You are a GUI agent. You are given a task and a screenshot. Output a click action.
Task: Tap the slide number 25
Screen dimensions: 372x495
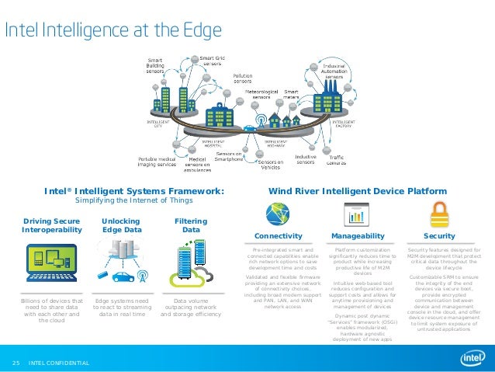click(x=15, y=363)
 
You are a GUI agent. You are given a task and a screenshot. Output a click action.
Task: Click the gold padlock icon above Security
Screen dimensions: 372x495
click(x=439, y=212)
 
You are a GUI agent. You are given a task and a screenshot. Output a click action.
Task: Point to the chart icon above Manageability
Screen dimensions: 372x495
click(x=358, y=212)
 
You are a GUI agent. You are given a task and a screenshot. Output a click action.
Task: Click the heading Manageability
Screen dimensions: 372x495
click(x=358, y=235)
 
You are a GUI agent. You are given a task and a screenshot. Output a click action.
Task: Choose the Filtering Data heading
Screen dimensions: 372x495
click(x=190, y=225)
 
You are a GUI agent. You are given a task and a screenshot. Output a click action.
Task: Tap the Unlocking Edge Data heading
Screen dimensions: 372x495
click(x=121, y=225)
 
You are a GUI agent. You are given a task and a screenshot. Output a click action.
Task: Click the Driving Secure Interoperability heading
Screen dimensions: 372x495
click(x=52, y=225)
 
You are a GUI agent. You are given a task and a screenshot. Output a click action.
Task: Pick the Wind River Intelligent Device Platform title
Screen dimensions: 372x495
click(x=358, y=190)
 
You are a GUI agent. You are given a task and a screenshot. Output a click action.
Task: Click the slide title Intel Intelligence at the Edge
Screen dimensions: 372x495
click(x=114, y=30)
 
